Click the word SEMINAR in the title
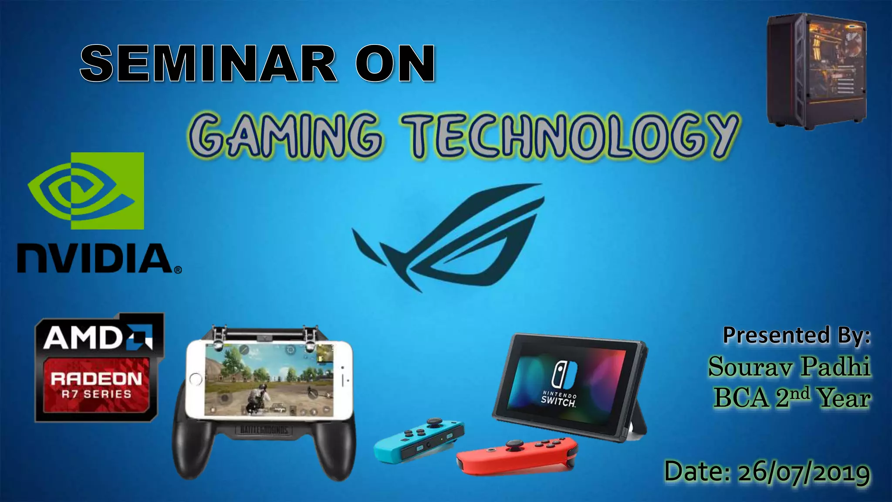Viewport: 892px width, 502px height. click(208, 64)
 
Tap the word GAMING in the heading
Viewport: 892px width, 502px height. click(285, 134)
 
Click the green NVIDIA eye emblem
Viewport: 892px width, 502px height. click(86, 190)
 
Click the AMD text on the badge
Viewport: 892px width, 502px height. click(83, 338)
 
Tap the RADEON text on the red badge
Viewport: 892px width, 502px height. click(96, 378)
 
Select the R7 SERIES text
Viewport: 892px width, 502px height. click(96, 394)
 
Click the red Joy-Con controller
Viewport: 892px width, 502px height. click(517, 455)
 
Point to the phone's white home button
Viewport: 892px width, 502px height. click(196, 379)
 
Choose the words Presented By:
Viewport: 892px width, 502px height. click(797, 335)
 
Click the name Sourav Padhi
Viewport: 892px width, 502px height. click(789, 366)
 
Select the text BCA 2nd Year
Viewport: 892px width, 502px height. click(791, 398)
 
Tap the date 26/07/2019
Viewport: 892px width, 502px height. click(803, 472)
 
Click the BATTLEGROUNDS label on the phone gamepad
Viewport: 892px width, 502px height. click(264, 430)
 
